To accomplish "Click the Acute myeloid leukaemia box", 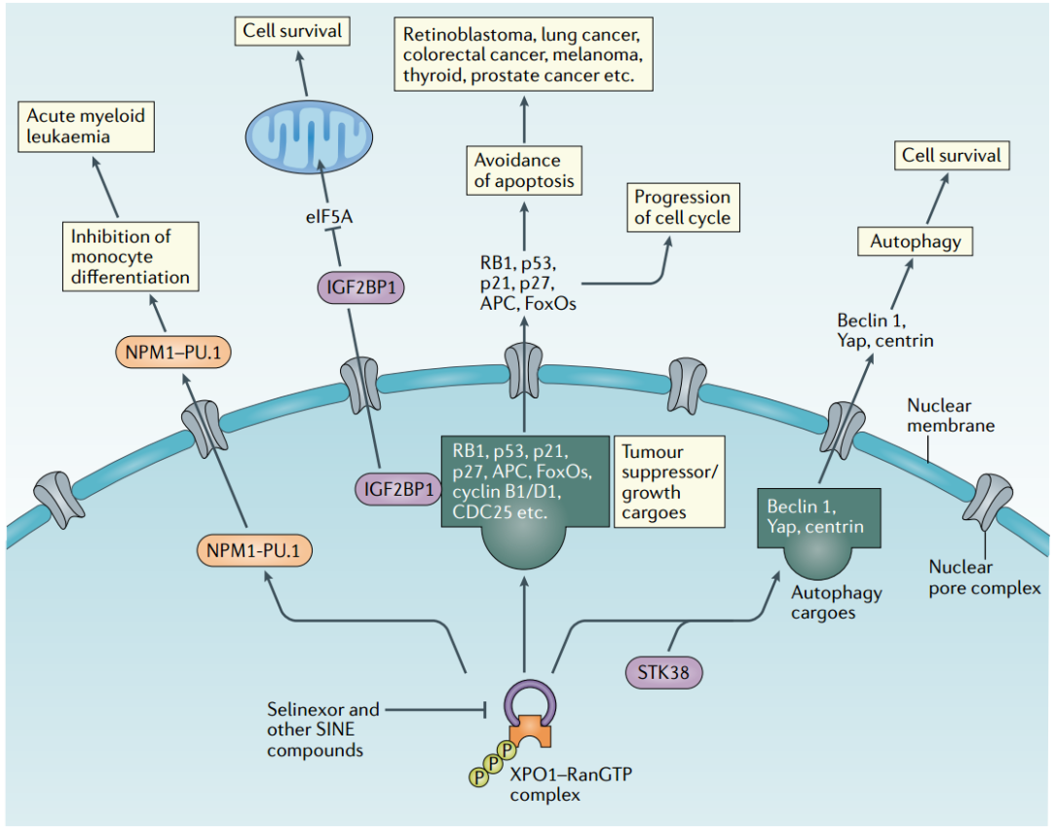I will tap(87, 127).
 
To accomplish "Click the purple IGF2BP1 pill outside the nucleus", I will tap(360, 288).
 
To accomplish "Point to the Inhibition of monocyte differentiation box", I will tap(131, 257).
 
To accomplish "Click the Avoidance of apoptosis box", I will tap(524, 170).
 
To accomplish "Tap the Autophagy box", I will tap(915, 241).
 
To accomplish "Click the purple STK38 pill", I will tap(662, 671).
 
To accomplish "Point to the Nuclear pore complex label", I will tap(984, 577).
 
